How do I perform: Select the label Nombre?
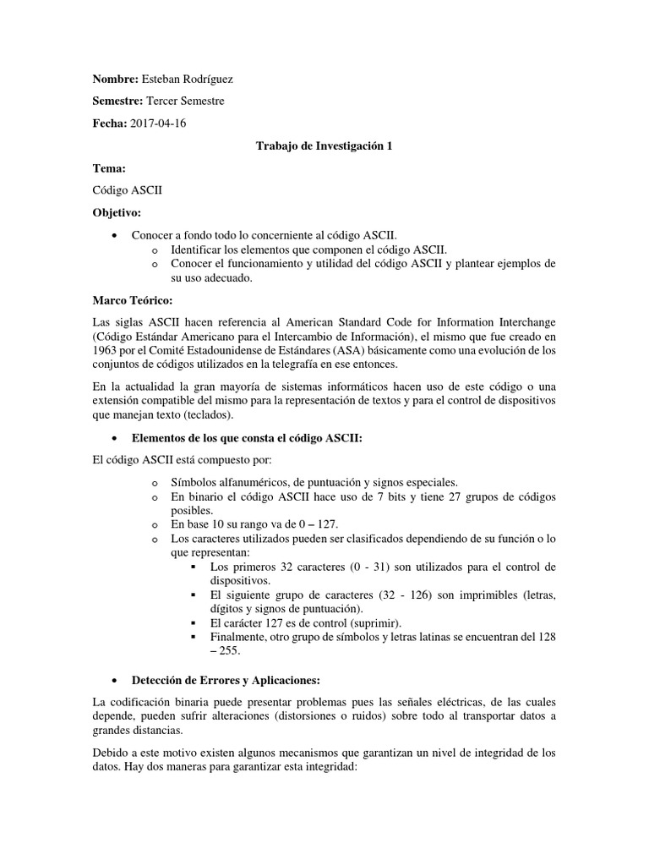coord(115,79)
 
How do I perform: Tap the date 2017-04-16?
coord(161,123)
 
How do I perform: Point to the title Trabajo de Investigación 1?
coord(324,146)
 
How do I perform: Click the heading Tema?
coord(109,168)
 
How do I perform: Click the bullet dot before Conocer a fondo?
coord(114,236)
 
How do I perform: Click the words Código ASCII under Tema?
coord(127,190)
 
